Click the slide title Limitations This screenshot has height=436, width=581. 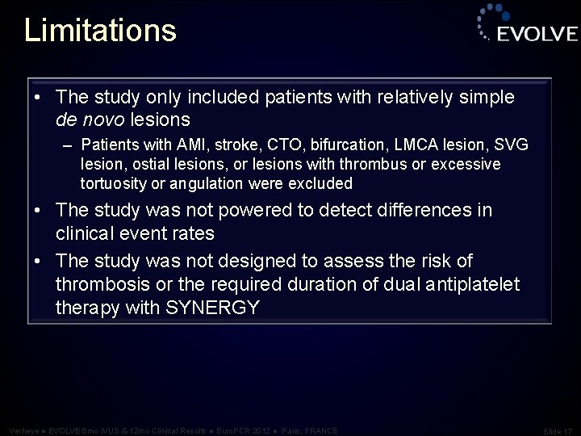coord(100,31)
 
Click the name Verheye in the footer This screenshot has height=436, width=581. coord(20,430)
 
